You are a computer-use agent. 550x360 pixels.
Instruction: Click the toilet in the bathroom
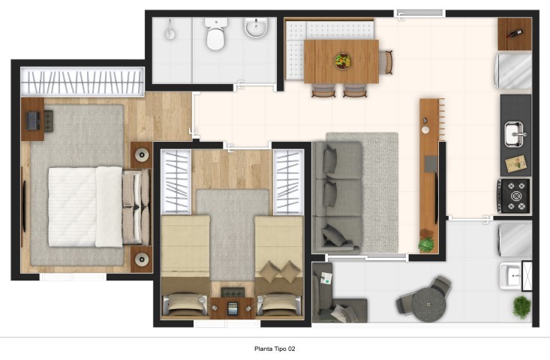click(x=215, y=34)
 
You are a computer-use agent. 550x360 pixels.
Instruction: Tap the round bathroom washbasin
click(x=256, y=27)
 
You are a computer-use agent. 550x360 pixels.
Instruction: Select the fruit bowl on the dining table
click(x=342, y=61)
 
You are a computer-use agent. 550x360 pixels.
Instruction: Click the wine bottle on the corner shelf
click(x=514, y=34)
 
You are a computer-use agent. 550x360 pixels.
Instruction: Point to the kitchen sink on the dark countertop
click(x=514, y=134)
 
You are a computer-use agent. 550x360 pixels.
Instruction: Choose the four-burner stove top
click(x=515, y=196)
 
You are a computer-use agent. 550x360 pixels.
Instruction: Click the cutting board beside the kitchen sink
click(x=516, y=163)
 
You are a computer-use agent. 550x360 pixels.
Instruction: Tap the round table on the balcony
click(x=428, y=304)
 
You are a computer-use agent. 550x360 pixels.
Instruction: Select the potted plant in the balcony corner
click(x=522, y=307)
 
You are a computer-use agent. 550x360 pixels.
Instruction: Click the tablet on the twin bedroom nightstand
click(x=232, y=309)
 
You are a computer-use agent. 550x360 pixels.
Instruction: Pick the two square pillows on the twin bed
click(x=281, y=271)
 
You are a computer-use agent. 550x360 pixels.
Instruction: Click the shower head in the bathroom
click(x=170, y=30)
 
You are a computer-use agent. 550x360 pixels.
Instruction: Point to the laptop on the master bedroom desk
click(x=33, y=121)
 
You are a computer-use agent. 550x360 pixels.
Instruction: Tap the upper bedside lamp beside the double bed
click(x=141, y=154)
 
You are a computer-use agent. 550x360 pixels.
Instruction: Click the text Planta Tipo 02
click(x=275, y=349)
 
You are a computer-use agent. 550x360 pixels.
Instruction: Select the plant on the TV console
click(x=426, y=241)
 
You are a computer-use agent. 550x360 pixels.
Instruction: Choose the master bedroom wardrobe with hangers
click(x=83, y=82)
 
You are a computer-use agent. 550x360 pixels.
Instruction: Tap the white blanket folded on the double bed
click(x=109, y=207)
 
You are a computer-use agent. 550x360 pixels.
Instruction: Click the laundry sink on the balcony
click(x=510, y=276)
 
